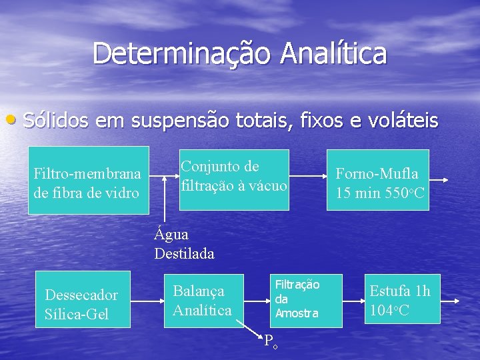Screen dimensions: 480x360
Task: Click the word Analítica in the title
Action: coord(333,53)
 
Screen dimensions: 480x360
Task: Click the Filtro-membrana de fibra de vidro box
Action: coord(88,180)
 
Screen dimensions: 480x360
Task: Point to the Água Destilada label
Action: coord(184,244)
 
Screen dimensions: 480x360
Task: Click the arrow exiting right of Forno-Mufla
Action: coord(439,181)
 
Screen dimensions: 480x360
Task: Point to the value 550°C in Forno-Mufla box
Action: coord(393,193)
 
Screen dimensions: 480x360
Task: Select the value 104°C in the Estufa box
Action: coord(389,310)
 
